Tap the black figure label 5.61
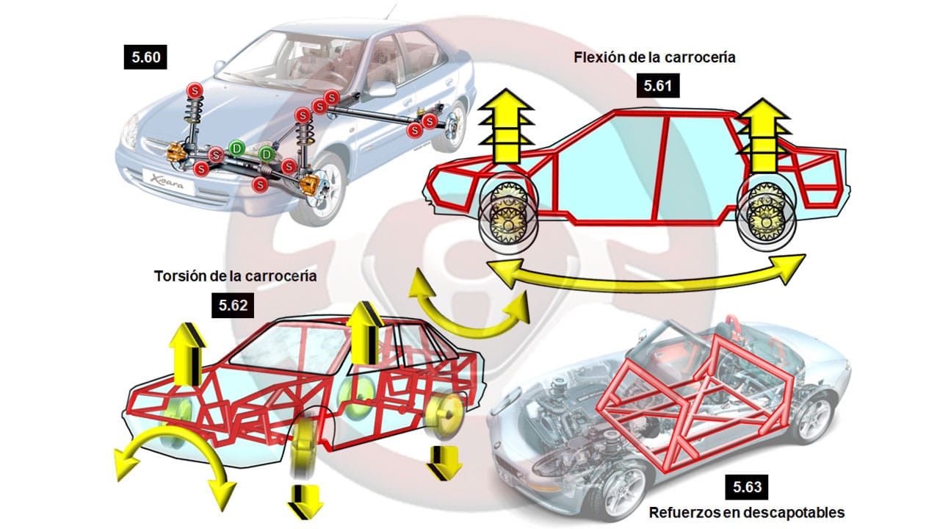coord(658,85)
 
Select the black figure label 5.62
coord(234,304)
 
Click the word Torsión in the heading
coord(181,277)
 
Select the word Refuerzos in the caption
coord(680,512)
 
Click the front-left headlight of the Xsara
coord(129,133)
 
